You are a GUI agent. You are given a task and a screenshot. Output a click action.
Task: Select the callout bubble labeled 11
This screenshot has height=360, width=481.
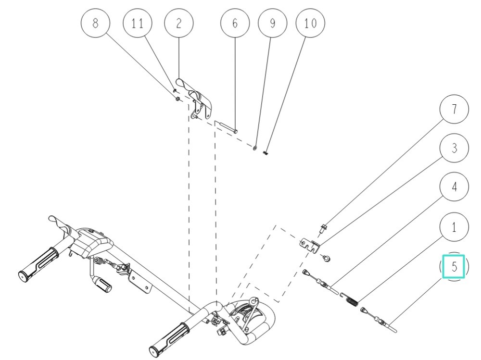pyautogui.click(x=138, y=24)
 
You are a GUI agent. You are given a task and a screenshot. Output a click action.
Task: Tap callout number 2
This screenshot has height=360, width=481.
pyautogui.click(x=178, y=24)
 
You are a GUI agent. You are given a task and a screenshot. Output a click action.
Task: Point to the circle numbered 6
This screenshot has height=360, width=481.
pyautogui.click(x=235, y=24)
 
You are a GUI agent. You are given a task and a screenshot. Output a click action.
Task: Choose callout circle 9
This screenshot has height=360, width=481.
pyautogui.click(x=272, y=24)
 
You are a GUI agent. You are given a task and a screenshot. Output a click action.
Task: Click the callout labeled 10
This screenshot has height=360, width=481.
pyautogui.click(x=310, y=24)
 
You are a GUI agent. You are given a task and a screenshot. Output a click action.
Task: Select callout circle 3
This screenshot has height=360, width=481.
pyautogui.click(x=454, y=149)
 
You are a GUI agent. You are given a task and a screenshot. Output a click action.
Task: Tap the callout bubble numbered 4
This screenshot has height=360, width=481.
pyautogui.click(x=454, y=187)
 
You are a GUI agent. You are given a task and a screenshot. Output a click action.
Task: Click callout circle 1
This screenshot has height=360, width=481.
pyautogui.click(x=454, y=226)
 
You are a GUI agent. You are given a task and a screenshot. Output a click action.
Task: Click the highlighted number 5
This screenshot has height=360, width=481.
pyautogui.click(x=454, y=267)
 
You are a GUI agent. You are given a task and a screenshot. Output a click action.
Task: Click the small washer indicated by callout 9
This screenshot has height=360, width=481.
pyautogui.click(x=255, y=148)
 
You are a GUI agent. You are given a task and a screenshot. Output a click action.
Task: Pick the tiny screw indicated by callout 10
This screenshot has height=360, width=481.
pyautogui.click(x=266, y=153)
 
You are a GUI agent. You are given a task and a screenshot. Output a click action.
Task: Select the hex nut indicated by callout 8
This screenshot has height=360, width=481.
pyautogui.click(x=177, y=99)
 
